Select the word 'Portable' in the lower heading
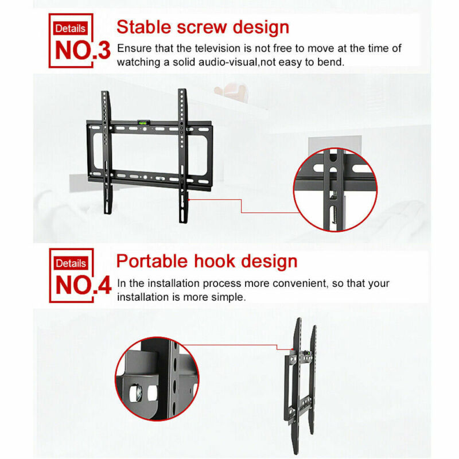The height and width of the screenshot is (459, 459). click(x=152, y=261)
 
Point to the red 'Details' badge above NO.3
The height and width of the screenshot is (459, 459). click(x=70, y=28)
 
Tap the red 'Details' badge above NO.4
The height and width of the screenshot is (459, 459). click(x=71, y=263)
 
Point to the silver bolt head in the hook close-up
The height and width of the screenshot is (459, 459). click(x=137, y=393)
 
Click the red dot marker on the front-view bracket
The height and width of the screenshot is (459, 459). click(x=189, y=200)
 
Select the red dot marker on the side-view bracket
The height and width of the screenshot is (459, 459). click(x=292, y=349)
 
